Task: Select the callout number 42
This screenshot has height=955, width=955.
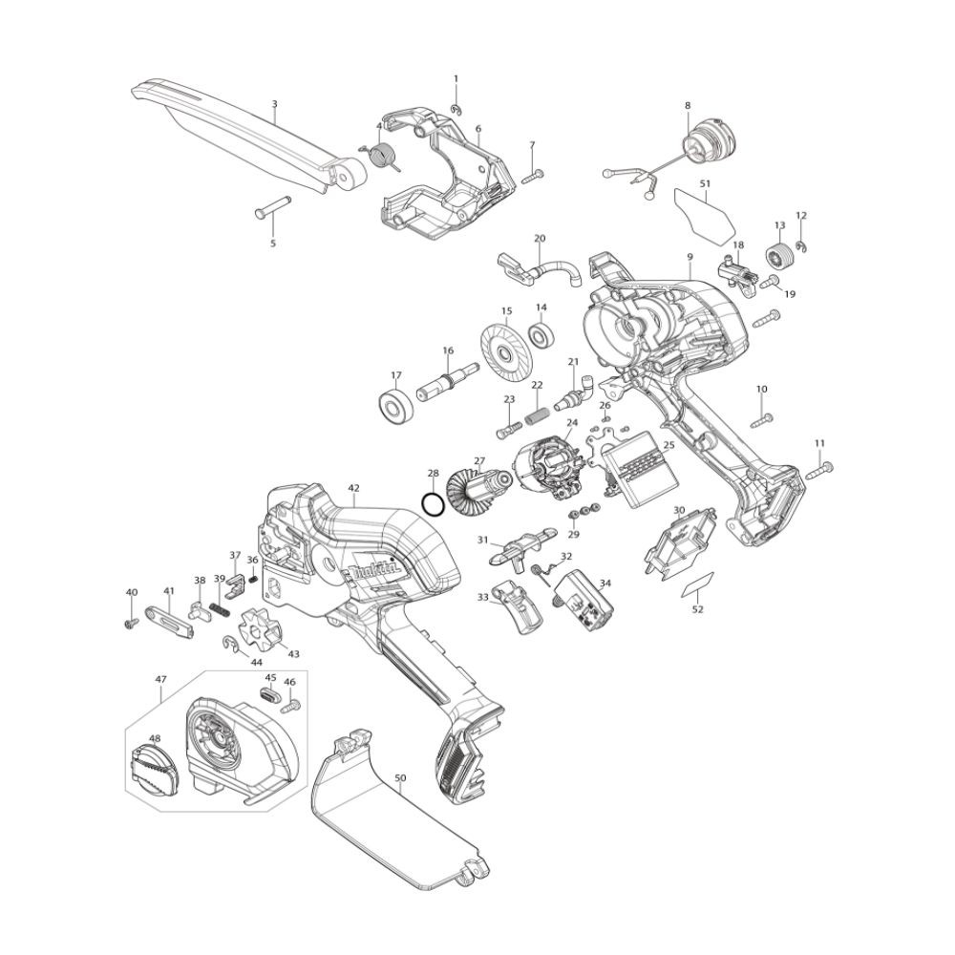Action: point(354,488)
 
